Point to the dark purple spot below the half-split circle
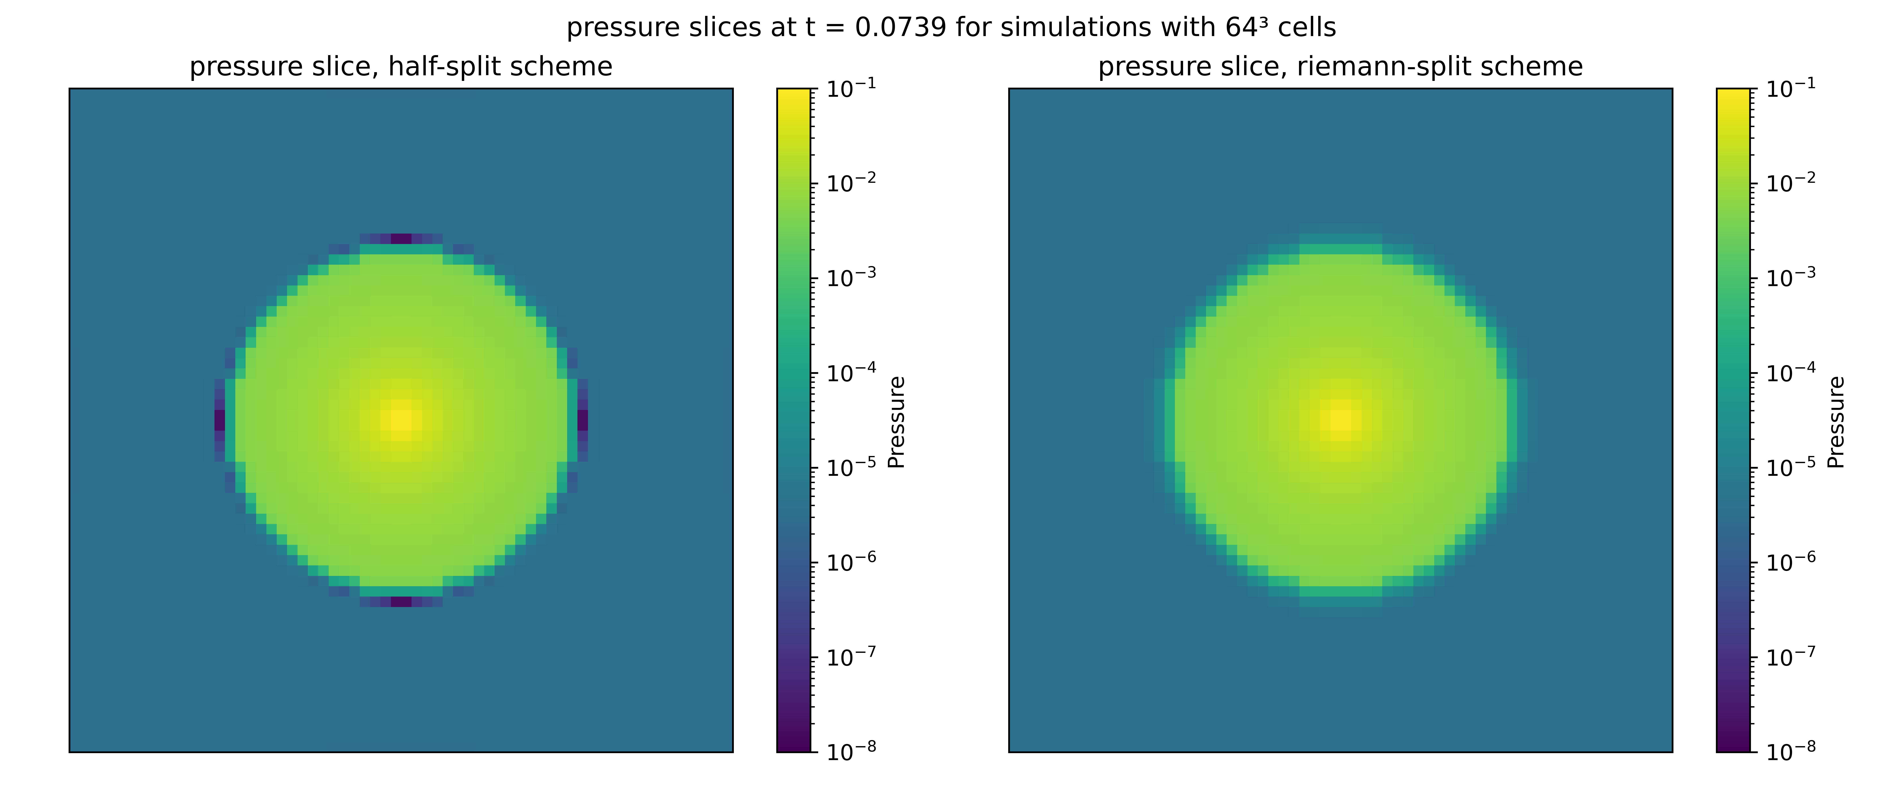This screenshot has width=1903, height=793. point(401,601)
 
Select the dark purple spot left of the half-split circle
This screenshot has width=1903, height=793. point(219,420)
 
